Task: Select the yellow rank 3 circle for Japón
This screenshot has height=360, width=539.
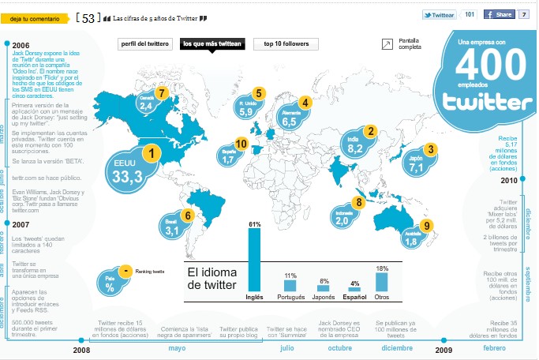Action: click(x=430, y=149)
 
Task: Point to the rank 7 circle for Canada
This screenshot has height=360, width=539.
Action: click(x=163, y=93)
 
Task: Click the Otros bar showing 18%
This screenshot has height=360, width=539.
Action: click(x=382, y=281)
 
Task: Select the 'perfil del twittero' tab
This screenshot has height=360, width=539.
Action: click(x=145, y=43)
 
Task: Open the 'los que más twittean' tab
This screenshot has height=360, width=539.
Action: click(x=211, y=43)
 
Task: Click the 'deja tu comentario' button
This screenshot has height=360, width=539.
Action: click(x=34, y=17)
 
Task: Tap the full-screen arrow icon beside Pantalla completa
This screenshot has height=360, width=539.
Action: click(x=387, y=43)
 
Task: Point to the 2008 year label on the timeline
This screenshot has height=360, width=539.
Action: click(x=81, y=350)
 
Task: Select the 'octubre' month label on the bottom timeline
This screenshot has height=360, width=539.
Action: click(x=340, y=347)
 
